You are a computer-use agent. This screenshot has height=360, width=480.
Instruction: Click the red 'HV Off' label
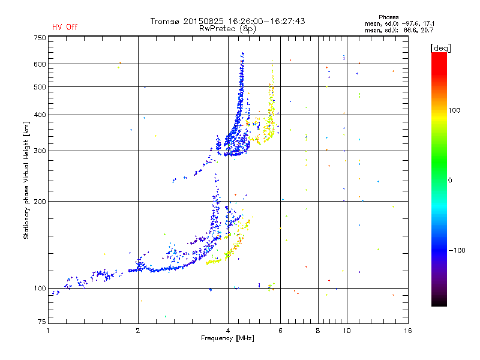coord(65,27)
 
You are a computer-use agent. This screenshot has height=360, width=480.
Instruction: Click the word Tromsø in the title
coord(164,21)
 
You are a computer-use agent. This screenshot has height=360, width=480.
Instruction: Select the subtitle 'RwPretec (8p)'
coord(227,29)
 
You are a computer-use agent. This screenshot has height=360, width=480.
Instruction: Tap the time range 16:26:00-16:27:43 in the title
coord(266,21)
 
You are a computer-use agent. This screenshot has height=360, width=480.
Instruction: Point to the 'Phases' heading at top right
coord(388,17)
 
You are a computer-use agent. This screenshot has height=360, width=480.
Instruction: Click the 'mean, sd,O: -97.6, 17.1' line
coord(400,23)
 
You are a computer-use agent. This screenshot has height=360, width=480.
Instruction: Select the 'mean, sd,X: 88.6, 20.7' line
coord(399,30)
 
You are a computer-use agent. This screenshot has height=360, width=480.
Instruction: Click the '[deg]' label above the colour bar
coord(440,49)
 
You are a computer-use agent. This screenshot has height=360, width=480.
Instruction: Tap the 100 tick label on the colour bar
coord(454,110)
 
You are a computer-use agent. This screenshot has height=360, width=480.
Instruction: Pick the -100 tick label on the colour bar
coord(457,250)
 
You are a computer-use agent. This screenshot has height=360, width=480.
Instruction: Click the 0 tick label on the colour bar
coord(450,180)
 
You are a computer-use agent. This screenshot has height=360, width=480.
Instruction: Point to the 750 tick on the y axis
coord(40,38)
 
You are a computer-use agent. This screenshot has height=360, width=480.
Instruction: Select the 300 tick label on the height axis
coord(40,151)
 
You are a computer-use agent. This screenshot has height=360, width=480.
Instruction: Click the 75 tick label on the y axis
coord(42,322)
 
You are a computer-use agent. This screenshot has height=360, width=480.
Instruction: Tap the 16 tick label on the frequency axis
coord(408,331)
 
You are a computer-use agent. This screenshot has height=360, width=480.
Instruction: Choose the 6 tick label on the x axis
coord(280,331)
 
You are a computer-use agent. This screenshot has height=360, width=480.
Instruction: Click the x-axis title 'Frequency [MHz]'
coord(227,338)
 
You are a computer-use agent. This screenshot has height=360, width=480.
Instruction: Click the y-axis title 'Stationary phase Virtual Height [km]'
coord(26,180)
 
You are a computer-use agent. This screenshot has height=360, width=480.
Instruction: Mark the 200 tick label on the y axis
coord(40,202)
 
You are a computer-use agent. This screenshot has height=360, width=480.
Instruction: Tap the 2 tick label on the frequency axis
coord(138,331)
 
